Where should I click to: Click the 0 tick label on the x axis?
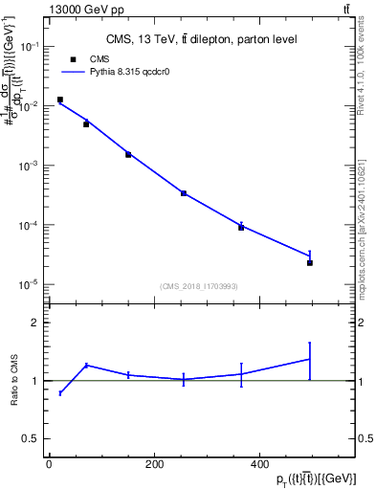pyautogui.click(x=49, y=464)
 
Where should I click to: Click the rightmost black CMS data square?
pyautogui.click(x=310, y=262)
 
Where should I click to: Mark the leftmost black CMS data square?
pyautogui.click(x=60, y=100)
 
